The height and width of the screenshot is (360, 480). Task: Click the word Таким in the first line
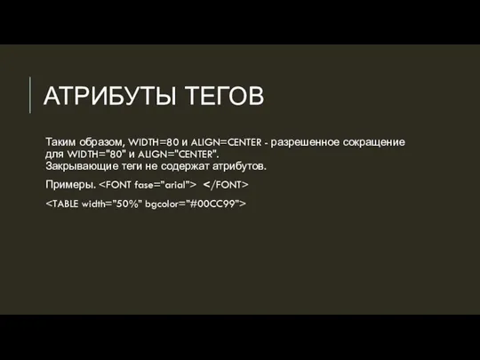click(x=62, y=141)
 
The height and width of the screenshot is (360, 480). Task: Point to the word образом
click(x=103, y=141)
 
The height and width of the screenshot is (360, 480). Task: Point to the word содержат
click(x=196, y=166)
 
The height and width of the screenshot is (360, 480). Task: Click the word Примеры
click(x=70, y=185)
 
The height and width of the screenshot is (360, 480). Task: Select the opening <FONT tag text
click(x=117, y=185)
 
